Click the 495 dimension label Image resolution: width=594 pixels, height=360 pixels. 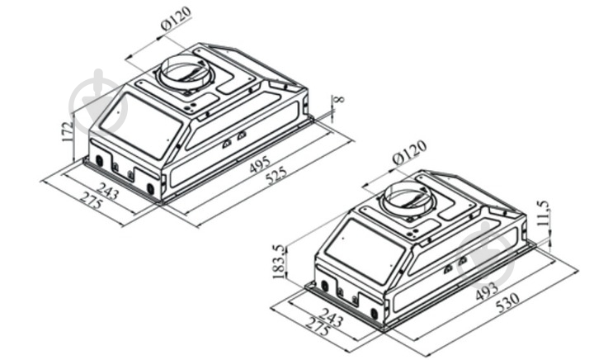pos(260,164)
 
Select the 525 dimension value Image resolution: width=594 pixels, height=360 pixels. pos(276,175)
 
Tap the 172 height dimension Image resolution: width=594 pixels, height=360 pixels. pos(68,132)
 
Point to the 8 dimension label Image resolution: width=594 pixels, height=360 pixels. pos(340,100)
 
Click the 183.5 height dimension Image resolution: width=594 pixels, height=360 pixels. pos(279,262)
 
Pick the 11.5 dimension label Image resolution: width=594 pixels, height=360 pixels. pos(543,213)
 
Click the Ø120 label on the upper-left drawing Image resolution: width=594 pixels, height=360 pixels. pos(177,18)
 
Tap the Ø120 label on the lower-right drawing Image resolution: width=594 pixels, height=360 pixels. pos(409,152)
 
